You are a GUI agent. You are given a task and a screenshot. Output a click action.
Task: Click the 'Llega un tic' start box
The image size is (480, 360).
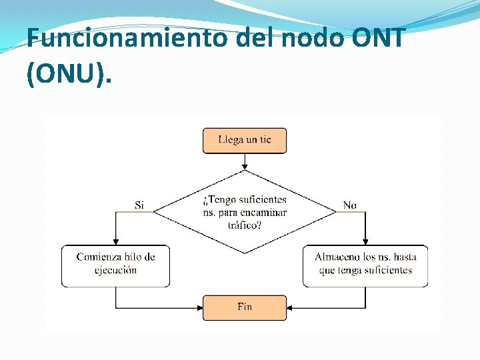coord(245,141)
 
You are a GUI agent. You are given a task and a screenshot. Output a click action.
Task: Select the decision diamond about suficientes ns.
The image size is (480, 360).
coord(245,211)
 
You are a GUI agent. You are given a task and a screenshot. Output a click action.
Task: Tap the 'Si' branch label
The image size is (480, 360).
coord(139,205)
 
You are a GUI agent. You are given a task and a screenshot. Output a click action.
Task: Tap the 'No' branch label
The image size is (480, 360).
coord(350,205)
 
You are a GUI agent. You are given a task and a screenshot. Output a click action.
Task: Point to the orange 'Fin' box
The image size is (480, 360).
coord(245,307)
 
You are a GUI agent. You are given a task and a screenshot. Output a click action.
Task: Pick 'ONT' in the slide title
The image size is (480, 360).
coord(381,38)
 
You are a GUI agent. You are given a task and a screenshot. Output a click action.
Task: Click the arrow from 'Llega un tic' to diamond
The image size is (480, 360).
coord(245,161)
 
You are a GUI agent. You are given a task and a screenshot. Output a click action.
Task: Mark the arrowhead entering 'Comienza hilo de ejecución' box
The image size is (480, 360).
coord(115,242)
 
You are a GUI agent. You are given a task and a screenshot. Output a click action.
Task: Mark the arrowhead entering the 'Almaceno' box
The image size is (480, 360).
coord(365,242)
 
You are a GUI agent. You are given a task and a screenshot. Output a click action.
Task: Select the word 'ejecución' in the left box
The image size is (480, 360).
coord(115,271)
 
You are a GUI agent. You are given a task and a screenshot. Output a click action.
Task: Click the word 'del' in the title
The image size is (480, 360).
coord(256,38)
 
